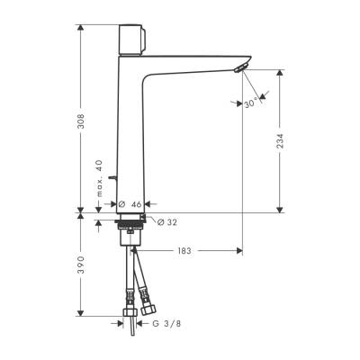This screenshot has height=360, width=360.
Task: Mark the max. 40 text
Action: click(x=99, y=179)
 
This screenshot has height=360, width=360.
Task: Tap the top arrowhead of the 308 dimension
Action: click(x=82, y=29)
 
